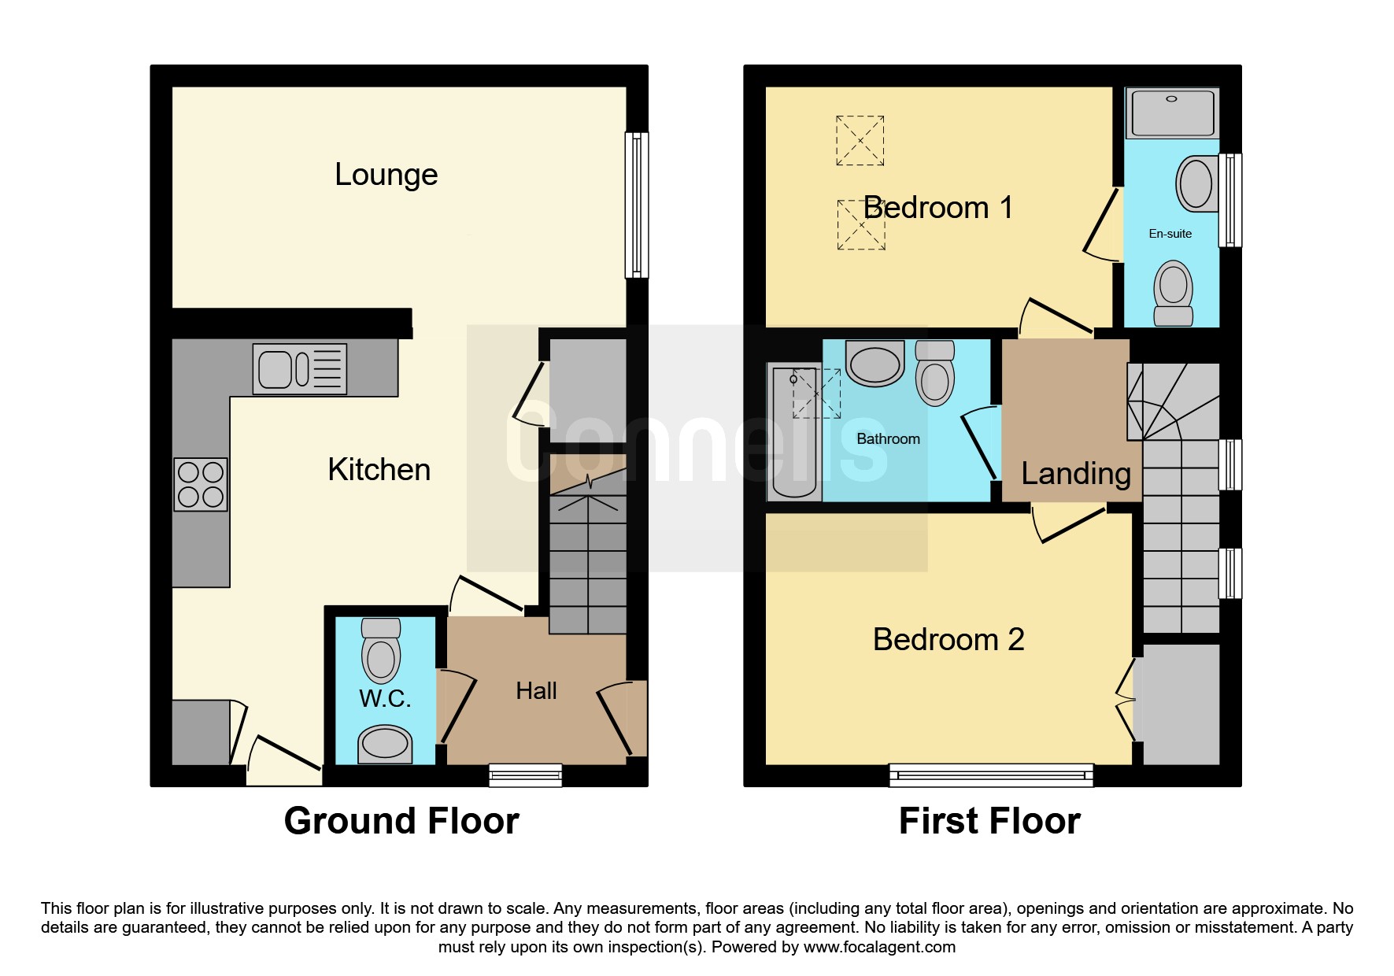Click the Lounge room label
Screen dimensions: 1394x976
[x=386, y=175]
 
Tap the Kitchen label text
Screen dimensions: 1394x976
[x=379, y=470]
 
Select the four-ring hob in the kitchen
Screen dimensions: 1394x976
[x=201, y=485]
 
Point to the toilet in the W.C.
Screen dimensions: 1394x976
[x=381, y=650]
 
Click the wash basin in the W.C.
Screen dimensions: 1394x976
[x=385, y=745]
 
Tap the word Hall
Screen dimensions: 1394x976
[x=536, y=691]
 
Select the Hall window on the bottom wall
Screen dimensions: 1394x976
[x=526, y=775]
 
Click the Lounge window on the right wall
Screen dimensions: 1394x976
[x=637, y=205]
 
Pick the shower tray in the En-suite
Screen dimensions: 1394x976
[x=1172, y=113]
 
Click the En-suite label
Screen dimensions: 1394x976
[x=1170, y=234]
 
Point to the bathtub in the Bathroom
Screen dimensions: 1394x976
[x=794, y=433]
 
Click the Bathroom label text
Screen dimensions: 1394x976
[x=888, y=439]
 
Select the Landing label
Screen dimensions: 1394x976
[x=1076, y=474]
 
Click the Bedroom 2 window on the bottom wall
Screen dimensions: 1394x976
[x=992, y=775]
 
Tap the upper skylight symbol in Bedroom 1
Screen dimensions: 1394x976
[x=860, y=141]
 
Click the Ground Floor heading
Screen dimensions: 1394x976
[x=401, y=821]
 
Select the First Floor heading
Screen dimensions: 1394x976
[x=989, y=821]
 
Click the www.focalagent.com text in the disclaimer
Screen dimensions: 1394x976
[x=879, y=947]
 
